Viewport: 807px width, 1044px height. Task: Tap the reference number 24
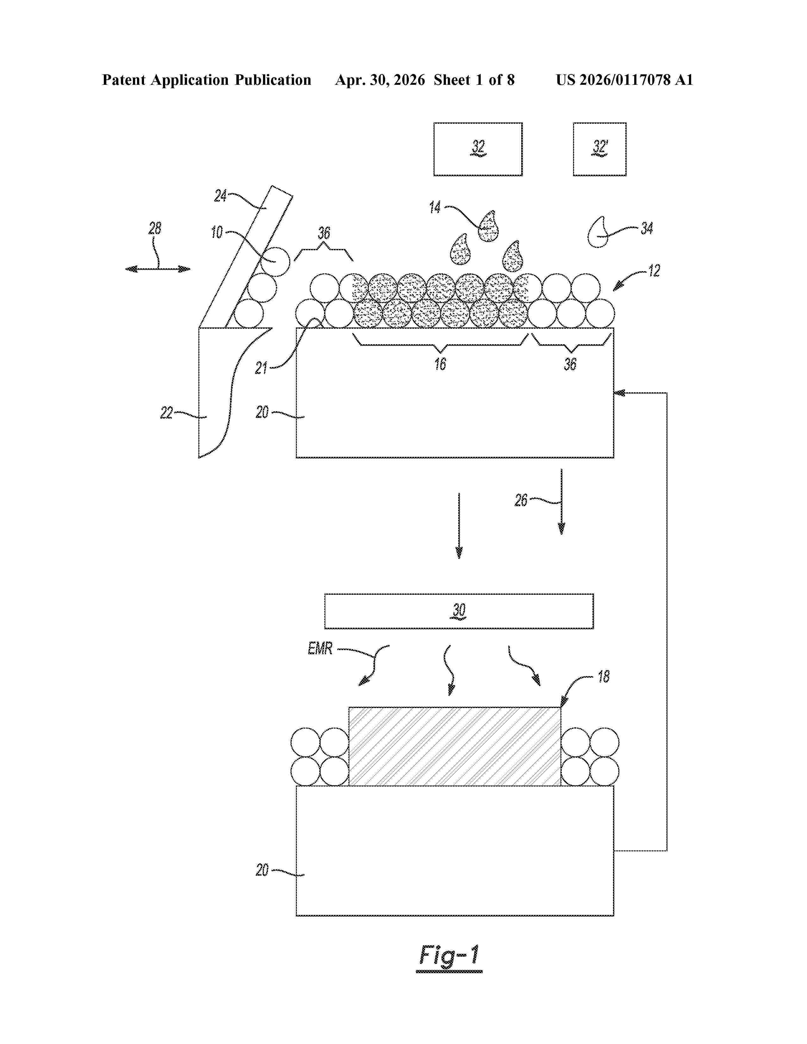point(220,196)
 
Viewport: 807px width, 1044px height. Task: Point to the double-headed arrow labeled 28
point(158,269)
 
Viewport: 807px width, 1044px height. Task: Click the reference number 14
point(435,208)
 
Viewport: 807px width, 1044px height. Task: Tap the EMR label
point(320,649)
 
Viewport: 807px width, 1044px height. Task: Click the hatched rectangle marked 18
point(455,746)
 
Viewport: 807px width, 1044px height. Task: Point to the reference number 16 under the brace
point(440,364)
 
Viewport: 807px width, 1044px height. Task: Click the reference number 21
point(261,368)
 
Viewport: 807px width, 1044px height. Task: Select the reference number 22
point(166,413)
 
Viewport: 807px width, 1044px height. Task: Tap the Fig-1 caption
point(449,956)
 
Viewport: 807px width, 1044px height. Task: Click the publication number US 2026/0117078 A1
point(624,80)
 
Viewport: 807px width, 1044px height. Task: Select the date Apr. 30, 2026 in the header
point(380,80)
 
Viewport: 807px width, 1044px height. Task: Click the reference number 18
point(604,676)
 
